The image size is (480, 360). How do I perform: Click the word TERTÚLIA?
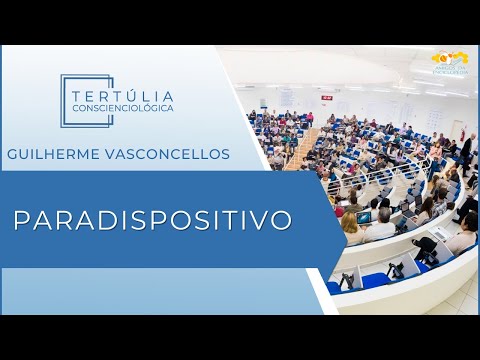tap(122, 89)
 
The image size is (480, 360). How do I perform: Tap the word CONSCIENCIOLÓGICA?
tap(122, 107)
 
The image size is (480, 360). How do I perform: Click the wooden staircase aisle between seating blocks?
tap(300, 150)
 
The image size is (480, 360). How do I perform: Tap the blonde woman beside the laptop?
tap(351, 228)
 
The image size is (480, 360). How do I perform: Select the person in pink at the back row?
tap(310, 119)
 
